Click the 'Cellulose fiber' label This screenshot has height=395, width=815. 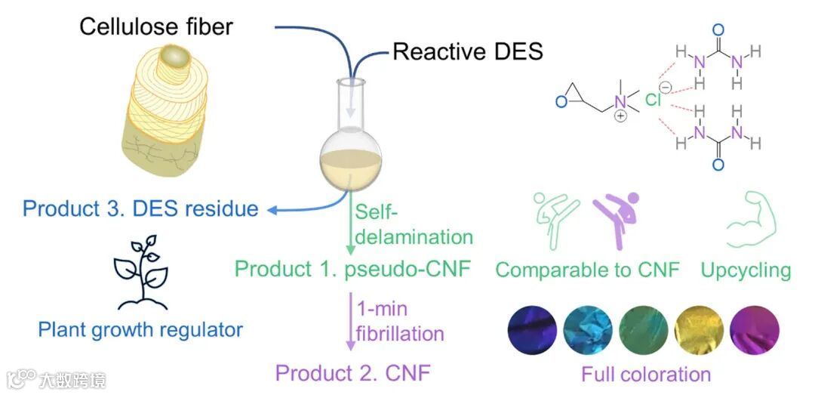[x=156, y=27]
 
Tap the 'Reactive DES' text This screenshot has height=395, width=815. [x=468, y=51]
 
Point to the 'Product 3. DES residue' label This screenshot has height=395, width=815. [x=140, y=208]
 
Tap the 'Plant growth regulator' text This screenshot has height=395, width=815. [x=141, y=329]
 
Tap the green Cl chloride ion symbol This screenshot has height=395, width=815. [x=654, y=99]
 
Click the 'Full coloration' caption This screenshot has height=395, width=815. [x=646, y=373]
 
